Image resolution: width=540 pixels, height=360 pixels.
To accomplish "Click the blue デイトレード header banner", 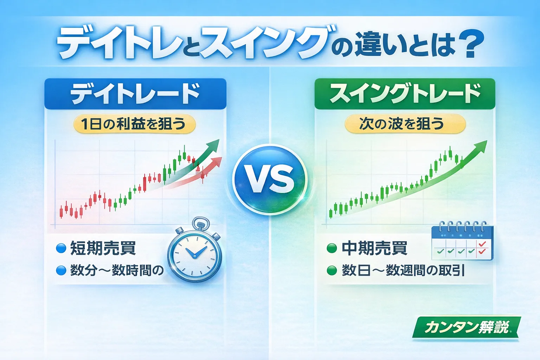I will click(x=135, y=94).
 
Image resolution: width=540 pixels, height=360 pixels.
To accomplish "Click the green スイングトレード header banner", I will click(x=405, y=94).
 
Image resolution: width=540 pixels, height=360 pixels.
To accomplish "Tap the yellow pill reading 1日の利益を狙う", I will click(x=134, y=124).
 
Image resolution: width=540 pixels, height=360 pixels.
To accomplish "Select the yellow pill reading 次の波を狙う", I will click(x=405, y=124).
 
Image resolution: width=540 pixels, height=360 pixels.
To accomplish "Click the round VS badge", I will click(x=270, y=179).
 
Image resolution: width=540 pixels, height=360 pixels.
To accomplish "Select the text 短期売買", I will click(x=103, y=249).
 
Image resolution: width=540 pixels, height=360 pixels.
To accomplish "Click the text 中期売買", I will click(x=374, y=249).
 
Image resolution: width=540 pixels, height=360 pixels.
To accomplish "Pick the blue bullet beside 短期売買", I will click(x=61, y=249).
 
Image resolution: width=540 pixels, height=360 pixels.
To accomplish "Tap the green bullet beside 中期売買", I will click(x=332, y=249).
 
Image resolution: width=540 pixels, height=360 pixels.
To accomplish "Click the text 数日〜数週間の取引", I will click(x=403, y=271).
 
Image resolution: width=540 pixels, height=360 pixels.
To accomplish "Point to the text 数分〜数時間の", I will click(x=117, y=271).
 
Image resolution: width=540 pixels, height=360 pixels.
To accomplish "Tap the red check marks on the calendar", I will click(x=482, y=247).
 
